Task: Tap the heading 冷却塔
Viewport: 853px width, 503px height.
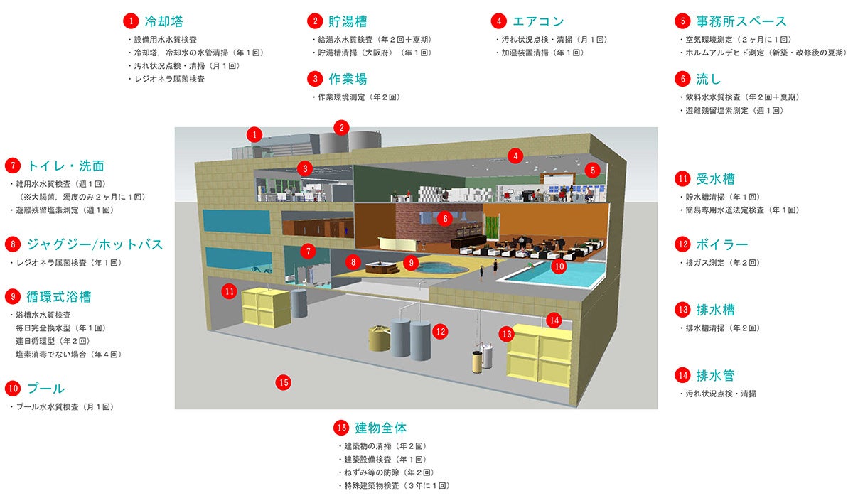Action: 163,21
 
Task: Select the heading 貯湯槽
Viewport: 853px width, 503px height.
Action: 348,21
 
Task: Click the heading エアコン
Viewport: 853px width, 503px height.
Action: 538,21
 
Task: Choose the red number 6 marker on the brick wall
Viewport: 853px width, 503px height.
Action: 445,219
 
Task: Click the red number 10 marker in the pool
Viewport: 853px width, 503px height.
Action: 558,267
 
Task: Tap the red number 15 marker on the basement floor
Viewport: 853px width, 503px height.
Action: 284,382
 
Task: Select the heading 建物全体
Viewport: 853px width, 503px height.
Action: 380,428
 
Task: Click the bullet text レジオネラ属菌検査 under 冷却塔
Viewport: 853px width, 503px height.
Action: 169,79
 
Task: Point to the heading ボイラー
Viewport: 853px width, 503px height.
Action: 722,244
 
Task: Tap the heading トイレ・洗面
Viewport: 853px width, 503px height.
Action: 65,166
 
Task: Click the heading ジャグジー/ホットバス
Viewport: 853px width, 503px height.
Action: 95,244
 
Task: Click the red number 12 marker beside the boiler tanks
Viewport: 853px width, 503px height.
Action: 441,330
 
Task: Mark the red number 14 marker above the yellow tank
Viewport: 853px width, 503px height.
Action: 554,320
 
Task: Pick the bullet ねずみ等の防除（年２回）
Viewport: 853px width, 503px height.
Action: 388,472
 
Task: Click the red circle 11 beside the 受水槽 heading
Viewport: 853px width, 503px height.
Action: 683,179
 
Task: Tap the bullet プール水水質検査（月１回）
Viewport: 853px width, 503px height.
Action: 65,407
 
